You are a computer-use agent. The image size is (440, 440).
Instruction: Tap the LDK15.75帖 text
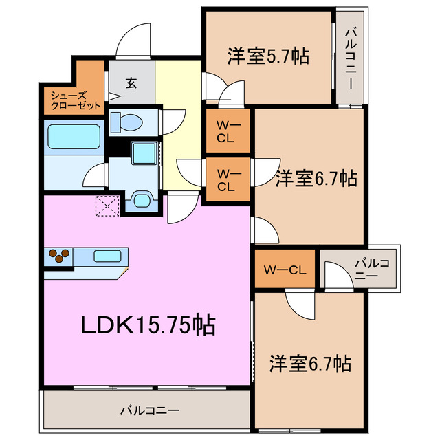[148, 324]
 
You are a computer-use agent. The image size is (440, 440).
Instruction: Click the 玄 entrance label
[131, 83]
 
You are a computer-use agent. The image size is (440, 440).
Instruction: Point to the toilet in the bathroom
[128, 122]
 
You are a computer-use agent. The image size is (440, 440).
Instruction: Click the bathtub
[74, 135]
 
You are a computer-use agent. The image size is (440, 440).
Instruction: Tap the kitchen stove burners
[58, 256]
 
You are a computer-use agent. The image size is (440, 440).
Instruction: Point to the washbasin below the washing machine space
[142, 200]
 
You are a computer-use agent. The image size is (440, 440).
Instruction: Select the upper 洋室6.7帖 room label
[316, 179]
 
